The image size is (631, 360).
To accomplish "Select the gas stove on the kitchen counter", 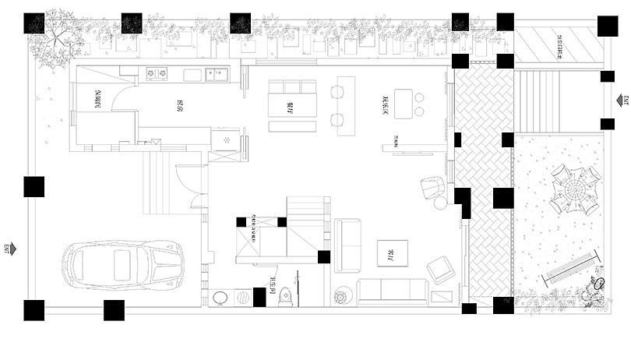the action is [x=157, y=74].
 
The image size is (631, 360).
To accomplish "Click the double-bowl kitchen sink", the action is [x=216, y=75].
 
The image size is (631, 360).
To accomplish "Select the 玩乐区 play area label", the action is [x=386, y=102].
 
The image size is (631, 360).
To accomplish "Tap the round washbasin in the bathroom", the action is [x=222, y=297].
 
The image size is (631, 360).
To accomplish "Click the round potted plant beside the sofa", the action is [x=342, y=296].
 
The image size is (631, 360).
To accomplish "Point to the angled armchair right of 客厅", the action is [x=442, y=270].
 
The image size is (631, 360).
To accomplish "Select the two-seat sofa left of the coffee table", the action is [x=347, y=243].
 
